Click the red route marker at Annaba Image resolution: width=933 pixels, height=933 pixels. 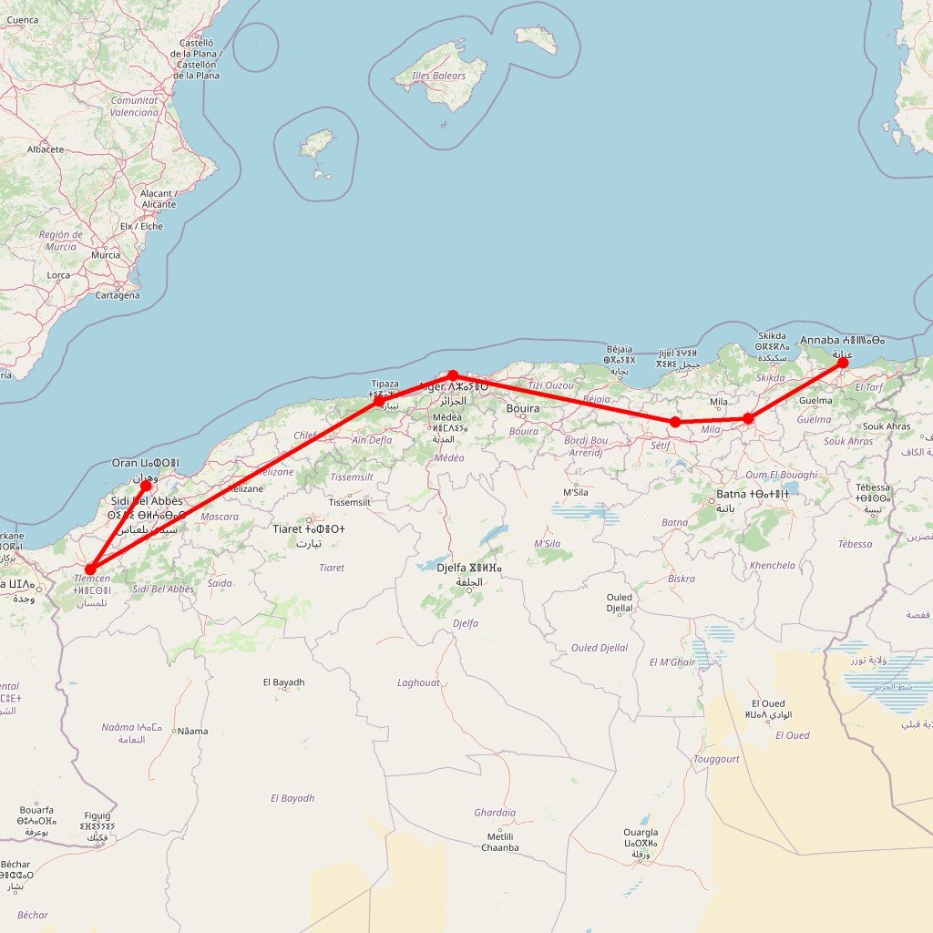click(x=843, y=363)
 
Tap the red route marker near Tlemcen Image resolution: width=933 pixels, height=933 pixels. click(x=90, y=569)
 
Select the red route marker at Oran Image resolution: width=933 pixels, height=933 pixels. click(x=146, y=486)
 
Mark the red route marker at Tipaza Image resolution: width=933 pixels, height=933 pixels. click(x=379, y=400)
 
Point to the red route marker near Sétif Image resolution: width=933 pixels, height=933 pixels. click(x=675, y=422)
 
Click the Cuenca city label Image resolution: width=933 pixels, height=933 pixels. click(x=23, y=20)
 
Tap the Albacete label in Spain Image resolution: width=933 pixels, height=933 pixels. click(x=46, y=149)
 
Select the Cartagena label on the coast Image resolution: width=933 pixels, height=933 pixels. click(x=118, y=295)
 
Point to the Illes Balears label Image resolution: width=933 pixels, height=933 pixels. click(x=439, y=77)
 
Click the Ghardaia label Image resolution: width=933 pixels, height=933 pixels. click(x=495, y=813)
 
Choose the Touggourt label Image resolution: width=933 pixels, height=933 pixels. click(x=716, y=759)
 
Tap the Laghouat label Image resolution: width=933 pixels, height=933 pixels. click(x=418, y=682)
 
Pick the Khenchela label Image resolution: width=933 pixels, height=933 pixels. click(x=773, y=566)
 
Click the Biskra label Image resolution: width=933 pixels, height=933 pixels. click(x=681, y=579)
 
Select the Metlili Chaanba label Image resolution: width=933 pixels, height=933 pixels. click(x=502, y=842)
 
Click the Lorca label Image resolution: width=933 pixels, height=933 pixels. click(x=58, y=275)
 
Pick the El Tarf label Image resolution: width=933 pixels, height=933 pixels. click(x=869, y=387)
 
